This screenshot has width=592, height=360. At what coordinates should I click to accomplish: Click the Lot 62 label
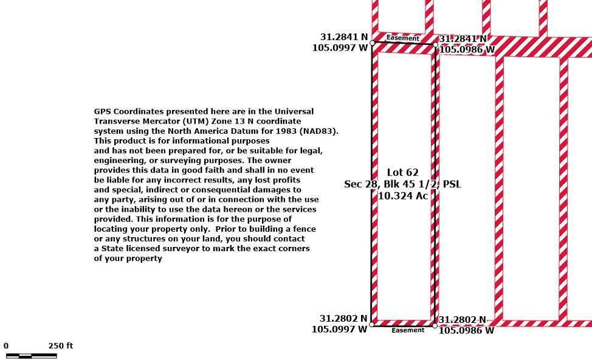tap(402, 173)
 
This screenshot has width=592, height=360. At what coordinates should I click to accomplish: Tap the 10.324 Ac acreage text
tap(403, 196)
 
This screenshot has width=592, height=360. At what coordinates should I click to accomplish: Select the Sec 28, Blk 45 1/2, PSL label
tap(402, 184)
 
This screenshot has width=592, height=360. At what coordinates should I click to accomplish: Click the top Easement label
tap(402, 38)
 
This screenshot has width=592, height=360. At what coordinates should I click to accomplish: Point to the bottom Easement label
tap(408, 330)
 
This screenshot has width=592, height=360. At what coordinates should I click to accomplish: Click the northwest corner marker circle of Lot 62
tap(372, 43)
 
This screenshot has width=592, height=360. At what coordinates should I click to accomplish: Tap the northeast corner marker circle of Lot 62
tap(435, 44)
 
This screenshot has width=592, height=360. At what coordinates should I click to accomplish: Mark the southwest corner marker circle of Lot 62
tap(371, 324)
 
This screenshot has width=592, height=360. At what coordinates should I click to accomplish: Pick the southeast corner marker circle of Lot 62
tap(435, 325)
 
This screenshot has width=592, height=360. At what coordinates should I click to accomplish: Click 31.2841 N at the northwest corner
tap(344, 37)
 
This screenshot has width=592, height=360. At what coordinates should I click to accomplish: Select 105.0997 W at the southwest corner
tap(339, 330)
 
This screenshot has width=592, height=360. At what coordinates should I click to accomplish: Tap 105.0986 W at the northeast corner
tap(467, 49)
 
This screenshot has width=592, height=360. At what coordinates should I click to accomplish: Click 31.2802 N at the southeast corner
tap(462, 320)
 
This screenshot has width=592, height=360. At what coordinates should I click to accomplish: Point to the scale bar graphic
tap(32, 356)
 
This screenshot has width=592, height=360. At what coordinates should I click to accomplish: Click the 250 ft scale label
tap(60, 345)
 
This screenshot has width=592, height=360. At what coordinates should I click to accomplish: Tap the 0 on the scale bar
tap(6, 345)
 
